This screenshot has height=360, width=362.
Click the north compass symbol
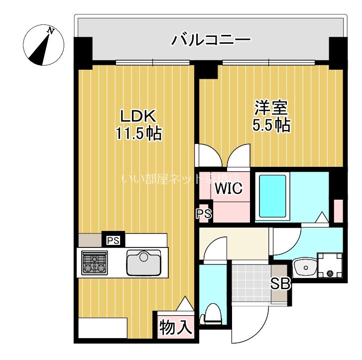pyautogui.click(x=44, y=45)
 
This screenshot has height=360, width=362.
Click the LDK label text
pyautogui.click(x=138, y=117)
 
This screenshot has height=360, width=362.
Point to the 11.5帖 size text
pyautogui.click(x=138, y=133)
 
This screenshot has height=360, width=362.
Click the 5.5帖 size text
pyautogui.click(x=271, y=125)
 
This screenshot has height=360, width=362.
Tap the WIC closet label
pyautogui.click(x=229, y=189)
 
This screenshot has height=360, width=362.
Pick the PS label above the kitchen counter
pyautogui.click(x=113, y=240)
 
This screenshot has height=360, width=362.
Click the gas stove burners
pyautogui.click(x=95, y=262)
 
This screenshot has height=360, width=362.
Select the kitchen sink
pyautogui.click(x=144, y=262)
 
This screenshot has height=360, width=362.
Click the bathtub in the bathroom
pyautogui.click(x=272, y=196)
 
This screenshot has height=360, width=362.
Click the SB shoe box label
pyautogui.click(x=280, y=284)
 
